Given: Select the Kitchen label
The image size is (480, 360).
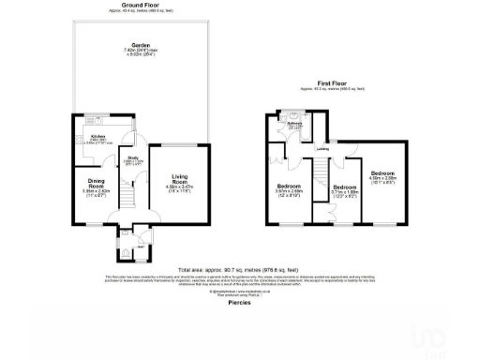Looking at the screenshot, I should point(96,136).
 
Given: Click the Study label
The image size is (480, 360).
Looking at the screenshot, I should point(133,158).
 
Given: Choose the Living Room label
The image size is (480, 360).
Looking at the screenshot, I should point(179,180).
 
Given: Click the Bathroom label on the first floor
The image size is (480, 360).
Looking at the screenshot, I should point(293,124).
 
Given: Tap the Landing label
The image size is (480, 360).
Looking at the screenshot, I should point(322,148).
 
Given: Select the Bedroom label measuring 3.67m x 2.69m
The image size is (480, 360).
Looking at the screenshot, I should point(288,187).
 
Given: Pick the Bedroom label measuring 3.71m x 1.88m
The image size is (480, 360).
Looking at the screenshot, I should point(345,187).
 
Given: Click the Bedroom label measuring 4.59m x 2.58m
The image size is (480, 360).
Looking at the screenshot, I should point(382,173).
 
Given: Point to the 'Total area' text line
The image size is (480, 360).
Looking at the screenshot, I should point(240,269).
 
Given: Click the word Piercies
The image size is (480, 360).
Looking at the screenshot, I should point(240,302).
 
